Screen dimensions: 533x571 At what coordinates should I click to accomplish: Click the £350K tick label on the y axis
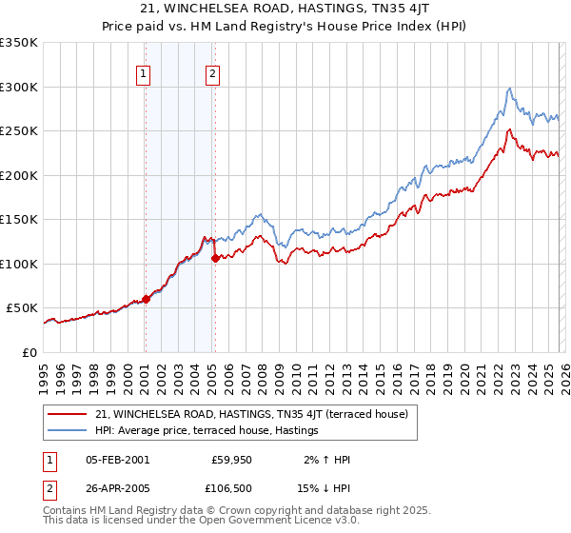(19, 43)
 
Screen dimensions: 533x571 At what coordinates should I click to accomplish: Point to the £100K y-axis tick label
(19, 264)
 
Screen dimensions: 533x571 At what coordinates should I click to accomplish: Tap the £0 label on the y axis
(30, 352)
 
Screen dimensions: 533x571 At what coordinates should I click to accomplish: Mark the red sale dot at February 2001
(146, 299)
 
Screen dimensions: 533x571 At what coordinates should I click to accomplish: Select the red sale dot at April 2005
(215, 258)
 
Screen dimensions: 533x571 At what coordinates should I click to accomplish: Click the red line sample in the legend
(69, 414)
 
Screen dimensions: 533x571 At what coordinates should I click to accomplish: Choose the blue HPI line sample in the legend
(69, 431)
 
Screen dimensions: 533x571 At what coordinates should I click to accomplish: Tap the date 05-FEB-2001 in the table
(117, 460)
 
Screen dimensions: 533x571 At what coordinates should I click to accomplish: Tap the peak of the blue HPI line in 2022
(510, 88)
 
